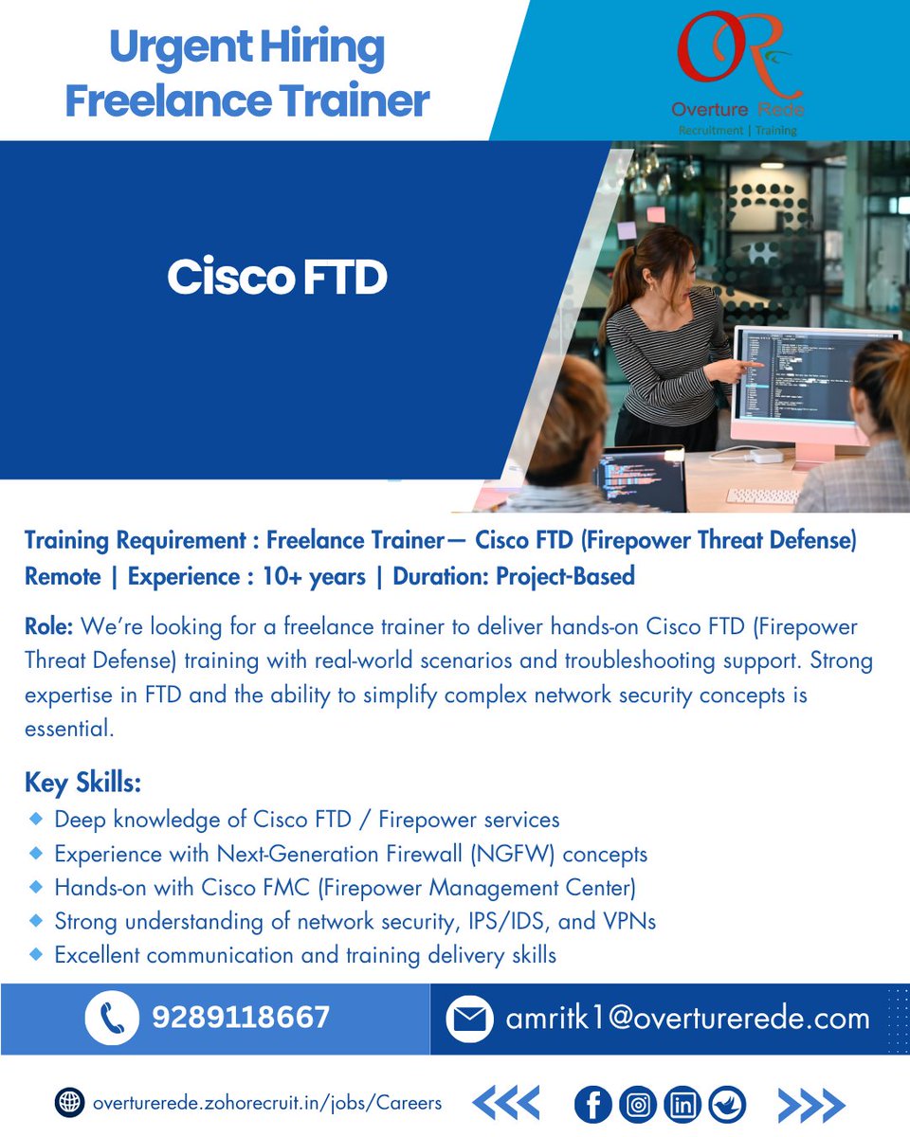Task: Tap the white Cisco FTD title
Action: [278, 278]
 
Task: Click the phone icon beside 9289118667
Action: [112, 1019]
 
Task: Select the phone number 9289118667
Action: [241, 1019]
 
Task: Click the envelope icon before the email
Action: [469, 1020]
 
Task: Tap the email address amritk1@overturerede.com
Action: [687, 1019]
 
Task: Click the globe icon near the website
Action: [68, 1103]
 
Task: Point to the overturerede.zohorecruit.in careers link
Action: [266, 1103]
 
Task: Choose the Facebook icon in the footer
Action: [594, 1104]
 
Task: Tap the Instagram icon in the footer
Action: [638, 1104]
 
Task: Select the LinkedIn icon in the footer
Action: [682, 1104]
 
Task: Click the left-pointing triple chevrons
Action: [505, 1104]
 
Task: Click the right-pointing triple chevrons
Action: [811, 1104]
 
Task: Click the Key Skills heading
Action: [82, 784]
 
